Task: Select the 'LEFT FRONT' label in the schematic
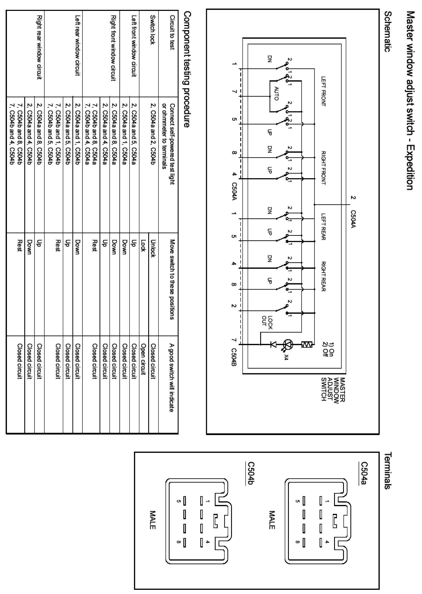coord(323,91)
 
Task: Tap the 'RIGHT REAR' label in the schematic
coord(323,276)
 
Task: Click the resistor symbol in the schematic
coord(307,345)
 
